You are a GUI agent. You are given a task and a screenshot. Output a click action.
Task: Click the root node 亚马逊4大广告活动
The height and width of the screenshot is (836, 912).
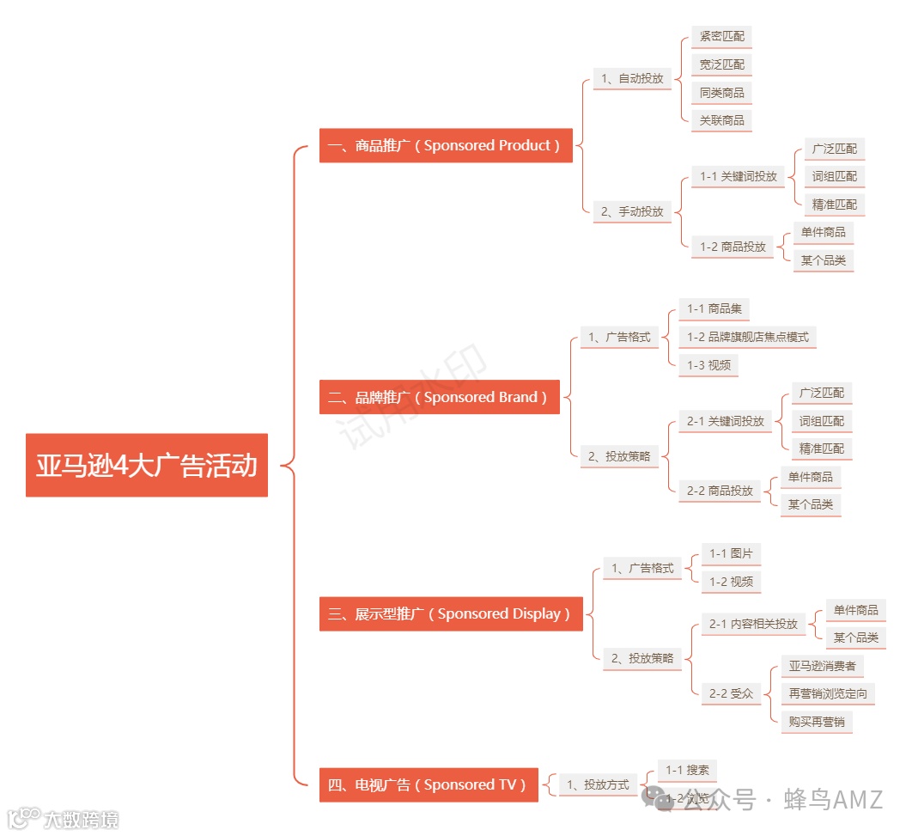coord(147,466)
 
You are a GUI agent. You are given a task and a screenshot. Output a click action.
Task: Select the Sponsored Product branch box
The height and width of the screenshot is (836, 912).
coord(446,145)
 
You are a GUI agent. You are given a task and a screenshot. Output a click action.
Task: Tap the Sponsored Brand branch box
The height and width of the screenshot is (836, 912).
coord(439,397)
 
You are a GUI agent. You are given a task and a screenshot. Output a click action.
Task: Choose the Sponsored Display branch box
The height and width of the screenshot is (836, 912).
coord(451,613)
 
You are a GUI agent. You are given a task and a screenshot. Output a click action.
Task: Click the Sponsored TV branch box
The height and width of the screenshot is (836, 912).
coord(429,784)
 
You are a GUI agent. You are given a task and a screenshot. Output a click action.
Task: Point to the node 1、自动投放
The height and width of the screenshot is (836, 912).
coord(633,78)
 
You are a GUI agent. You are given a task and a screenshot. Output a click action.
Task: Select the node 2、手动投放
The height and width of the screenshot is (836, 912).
coord(633,211)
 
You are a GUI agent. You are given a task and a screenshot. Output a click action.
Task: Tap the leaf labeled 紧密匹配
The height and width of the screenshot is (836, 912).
coord(722,37)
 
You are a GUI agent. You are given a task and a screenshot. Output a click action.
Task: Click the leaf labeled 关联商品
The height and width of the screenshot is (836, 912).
coord(722,120)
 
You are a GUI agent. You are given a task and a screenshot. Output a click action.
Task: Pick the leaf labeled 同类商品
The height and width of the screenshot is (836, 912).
coord(722,93)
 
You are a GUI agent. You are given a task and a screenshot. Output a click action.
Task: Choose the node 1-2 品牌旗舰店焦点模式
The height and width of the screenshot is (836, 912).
coord(748,337)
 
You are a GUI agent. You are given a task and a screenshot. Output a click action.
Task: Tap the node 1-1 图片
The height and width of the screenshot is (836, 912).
coord(731,553)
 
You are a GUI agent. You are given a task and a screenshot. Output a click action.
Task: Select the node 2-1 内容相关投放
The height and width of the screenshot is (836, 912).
coord(753,624)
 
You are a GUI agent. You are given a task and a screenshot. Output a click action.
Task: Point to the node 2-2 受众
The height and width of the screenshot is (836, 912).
coord(731,693)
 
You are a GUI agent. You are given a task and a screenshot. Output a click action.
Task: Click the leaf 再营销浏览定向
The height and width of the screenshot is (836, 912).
coord(828,693)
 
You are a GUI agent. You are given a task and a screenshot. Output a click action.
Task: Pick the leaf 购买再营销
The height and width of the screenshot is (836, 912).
coord(817,722)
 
